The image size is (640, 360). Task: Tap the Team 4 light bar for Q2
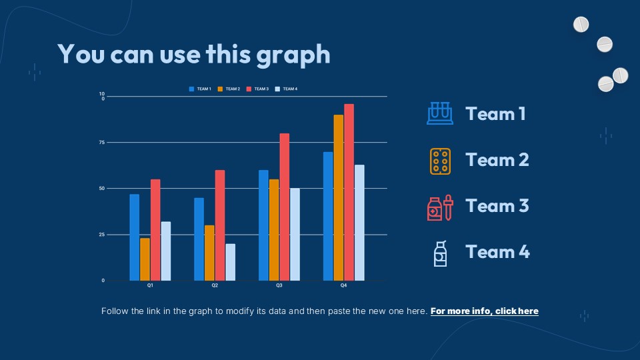coord(230,262)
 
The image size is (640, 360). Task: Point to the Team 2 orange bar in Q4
coord(338,197)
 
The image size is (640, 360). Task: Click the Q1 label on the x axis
coord(150,285)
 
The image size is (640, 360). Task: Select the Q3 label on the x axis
coord(279,285)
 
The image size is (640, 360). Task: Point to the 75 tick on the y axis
coord(103,143)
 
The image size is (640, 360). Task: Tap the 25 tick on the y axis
coord(103,235)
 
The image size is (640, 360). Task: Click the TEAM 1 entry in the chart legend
coord(201,89)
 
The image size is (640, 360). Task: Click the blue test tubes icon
coord(439,113)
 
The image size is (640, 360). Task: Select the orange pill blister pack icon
coord(440,161)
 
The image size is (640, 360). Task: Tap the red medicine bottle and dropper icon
coord(440,207)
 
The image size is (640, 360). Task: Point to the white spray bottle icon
coord(440,253)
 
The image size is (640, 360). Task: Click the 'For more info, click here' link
coord(485,311)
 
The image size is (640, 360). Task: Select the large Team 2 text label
coord(497,160)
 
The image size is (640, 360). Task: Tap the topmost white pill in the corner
coord(581,25)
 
